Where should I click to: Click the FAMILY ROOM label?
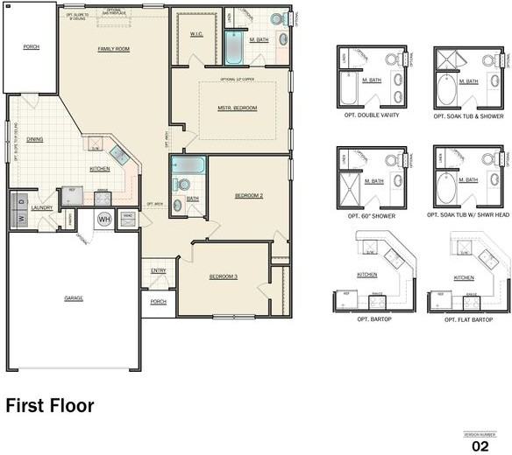point(114,49)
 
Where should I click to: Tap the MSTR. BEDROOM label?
point(238,108)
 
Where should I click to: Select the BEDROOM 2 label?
point(249,195)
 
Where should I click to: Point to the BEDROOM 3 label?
point(223,276)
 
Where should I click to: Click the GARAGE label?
point(74,298)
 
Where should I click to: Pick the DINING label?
point(35,139)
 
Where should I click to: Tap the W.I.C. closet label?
point(197,34)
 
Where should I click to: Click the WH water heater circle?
point(104,219)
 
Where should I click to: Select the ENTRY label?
point(158,270)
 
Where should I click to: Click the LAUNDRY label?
point(41,207)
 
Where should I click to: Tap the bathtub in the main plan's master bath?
point(233,48)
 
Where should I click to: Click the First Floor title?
point(50,406)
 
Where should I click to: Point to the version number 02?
point(480,445)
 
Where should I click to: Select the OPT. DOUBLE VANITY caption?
point(372,115)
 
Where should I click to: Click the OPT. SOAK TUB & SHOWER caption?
point(468,115)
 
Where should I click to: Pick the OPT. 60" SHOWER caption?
point(372,214)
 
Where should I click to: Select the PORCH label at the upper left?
point(31,46)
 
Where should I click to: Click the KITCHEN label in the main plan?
point(100,168)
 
